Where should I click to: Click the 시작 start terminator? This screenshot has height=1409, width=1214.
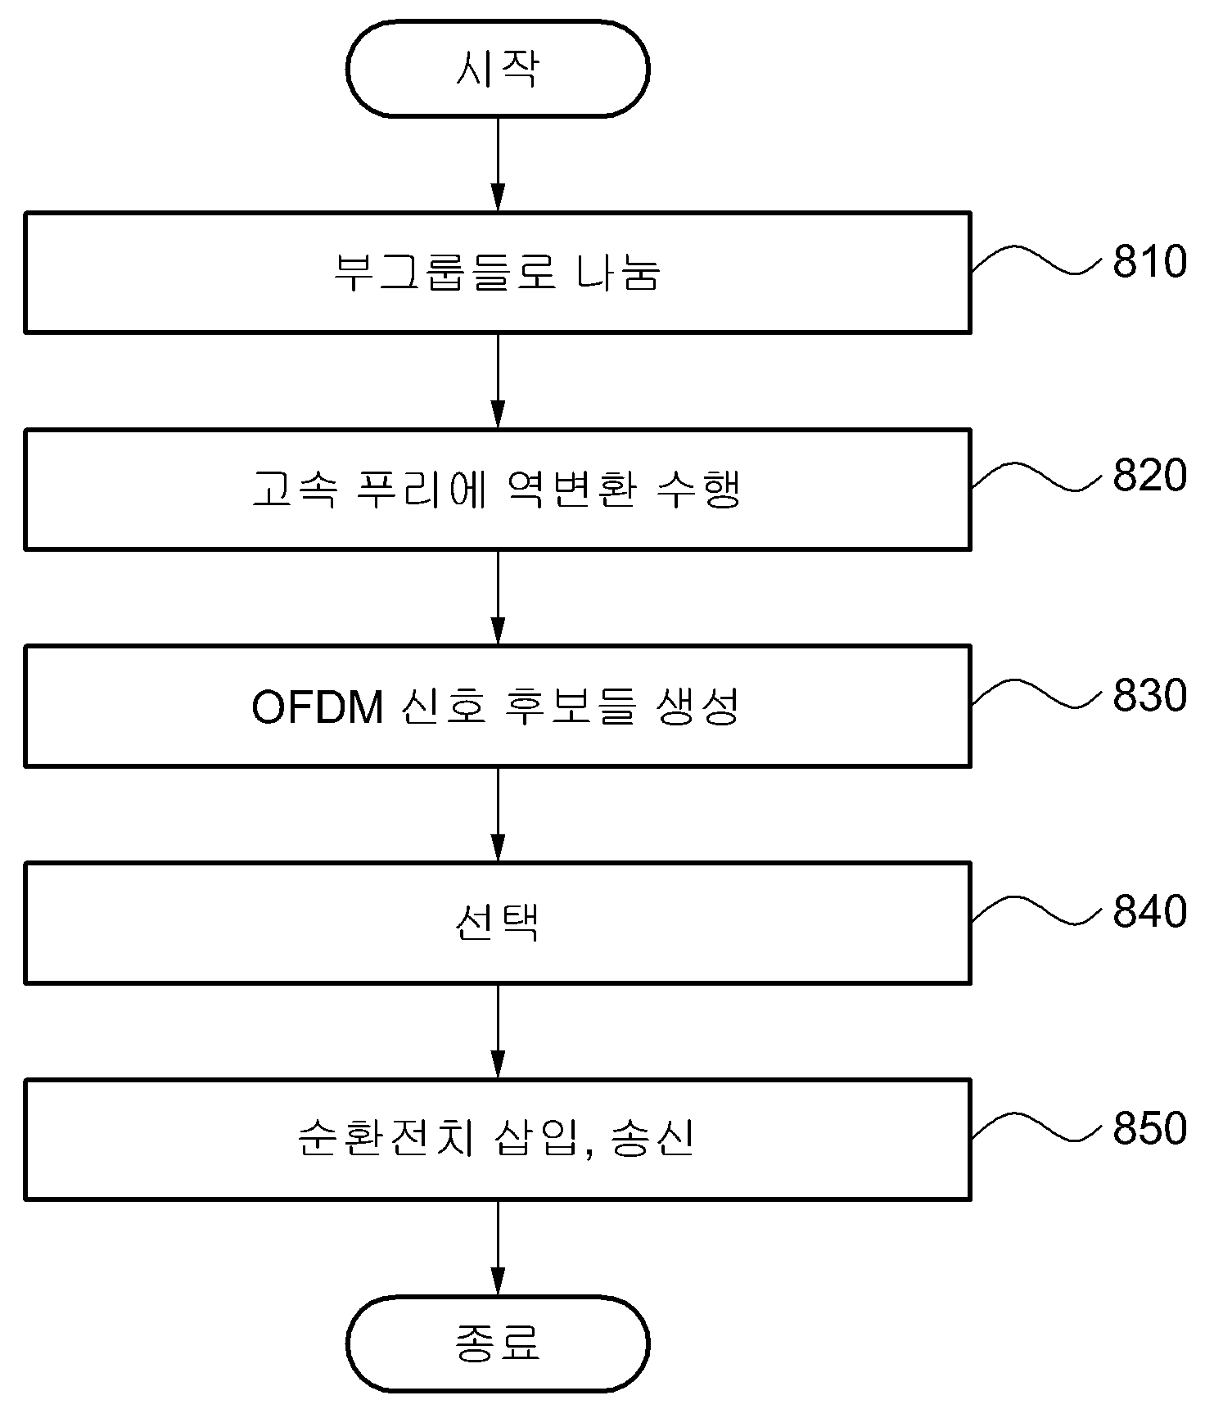coord(498,69)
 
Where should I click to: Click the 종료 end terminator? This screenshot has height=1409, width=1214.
coord(498,1344)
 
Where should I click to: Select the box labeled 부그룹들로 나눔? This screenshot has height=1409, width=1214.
coord(498,273)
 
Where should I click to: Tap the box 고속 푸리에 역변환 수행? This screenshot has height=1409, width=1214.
coord(498,490)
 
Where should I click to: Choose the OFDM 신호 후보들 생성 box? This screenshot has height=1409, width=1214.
coord(498,706)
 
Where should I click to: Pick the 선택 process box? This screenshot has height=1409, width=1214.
coord(498,923)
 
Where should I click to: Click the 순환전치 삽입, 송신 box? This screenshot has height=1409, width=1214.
coord(498,1140)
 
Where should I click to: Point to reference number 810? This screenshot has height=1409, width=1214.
coord(1149,262)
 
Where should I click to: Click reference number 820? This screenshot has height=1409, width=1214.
coord(1149,476)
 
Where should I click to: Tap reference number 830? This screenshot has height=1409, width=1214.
coord(1149,695)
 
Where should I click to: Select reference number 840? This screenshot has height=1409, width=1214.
coord(1149,911)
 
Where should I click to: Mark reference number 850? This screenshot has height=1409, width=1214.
coord(1149,1128)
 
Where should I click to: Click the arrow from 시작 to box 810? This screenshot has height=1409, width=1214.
coord(498,164)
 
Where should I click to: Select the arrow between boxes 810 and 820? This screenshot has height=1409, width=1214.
coord(498,381)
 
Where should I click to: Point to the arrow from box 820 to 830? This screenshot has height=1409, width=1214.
coord(498,598)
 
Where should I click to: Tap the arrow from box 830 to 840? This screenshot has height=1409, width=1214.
coord(498,814)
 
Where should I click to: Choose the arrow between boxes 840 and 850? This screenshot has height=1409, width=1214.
coord(498,1031)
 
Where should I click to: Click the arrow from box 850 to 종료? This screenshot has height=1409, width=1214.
coord(498,1249)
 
